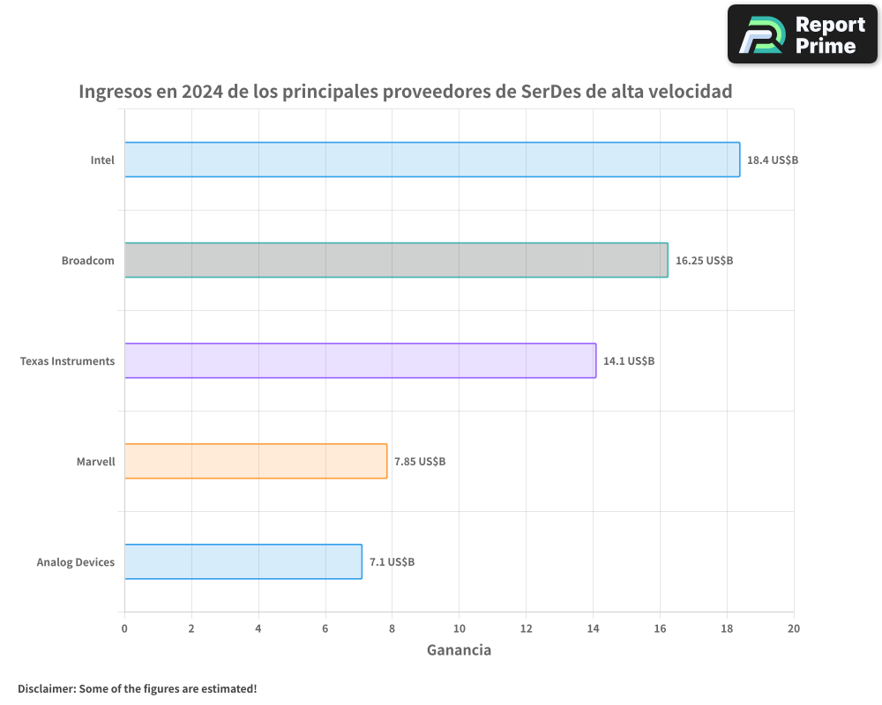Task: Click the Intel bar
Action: (x=431, y=160)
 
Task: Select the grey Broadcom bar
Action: (x=396, y=260)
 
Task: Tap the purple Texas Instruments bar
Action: (x=360, y=360)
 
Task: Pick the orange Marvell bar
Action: (x=256, y=461)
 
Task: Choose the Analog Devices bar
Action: (x=243, y=561)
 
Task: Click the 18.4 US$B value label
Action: (x=772, y=160)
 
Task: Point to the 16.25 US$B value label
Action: (x=704, y=261)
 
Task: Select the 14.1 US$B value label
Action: (x=629, y=361)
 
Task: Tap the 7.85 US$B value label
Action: (x=420, y=462)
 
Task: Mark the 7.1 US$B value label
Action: (x=392, y=562)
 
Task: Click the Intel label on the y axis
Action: (x=102, y=160)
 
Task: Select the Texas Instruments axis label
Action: (x=67, y=361)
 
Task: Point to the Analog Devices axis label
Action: (x=75, y=562)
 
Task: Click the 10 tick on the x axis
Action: (x=459, y=628)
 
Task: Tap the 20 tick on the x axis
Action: (x=794, y=628)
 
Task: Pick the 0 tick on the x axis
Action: (x=124, y=628)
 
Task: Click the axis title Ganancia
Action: (x=459, y=650)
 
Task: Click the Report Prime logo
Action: (x=803, y=34)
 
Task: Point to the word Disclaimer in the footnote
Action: (x=46, y=688)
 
